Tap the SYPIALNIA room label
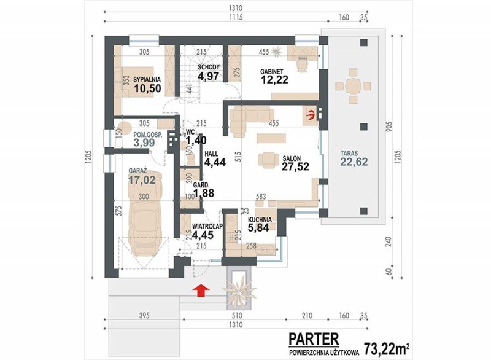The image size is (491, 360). [147, 80]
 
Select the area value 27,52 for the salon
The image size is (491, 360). [295, 166]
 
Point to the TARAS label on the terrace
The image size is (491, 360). [349, 154]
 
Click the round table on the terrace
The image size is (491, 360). [354, 85]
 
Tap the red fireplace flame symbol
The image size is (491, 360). [311, 115]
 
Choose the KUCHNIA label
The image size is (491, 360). [260, 220]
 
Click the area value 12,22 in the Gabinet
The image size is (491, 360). [274, 80]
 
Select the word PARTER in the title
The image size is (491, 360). [314, 339]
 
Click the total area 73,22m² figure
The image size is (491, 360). [387, 349]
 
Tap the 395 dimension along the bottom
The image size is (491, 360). [144, 316]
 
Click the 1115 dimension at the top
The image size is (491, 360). [235, 18]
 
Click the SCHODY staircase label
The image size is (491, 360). [209, 67]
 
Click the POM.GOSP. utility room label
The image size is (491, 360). [148, 135]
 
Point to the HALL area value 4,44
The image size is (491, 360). [215, 162]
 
